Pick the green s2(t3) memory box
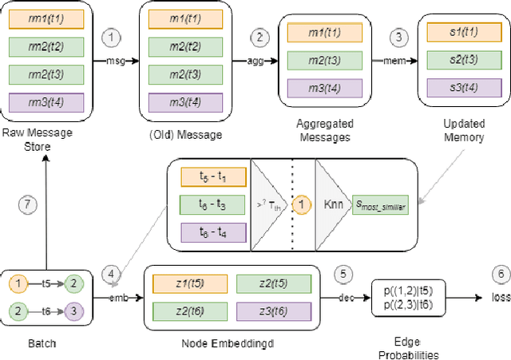(x=465, y=59)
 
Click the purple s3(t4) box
(x=465, y=86)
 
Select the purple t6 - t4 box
(x=212, y=232)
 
